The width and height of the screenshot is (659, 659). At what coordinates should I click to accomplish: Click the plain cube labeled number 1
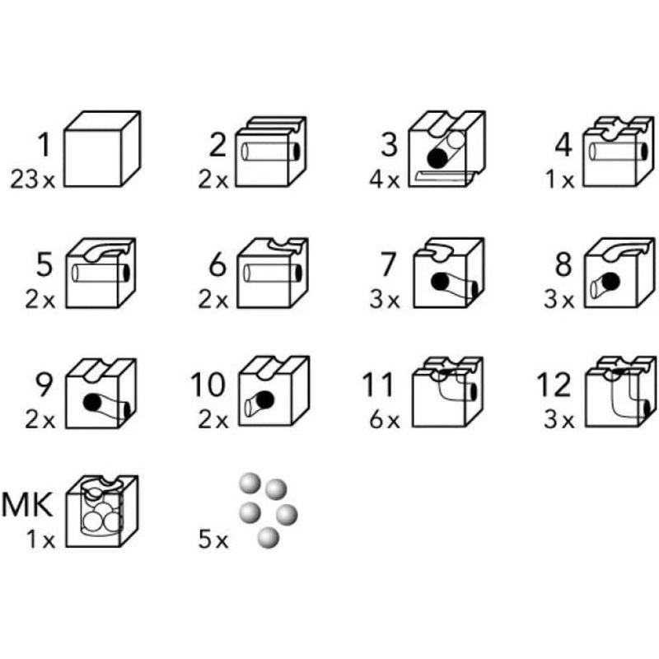tap(101, 150)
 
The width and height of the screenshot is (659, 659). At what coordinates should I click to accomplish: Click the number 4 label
tap(563, 146)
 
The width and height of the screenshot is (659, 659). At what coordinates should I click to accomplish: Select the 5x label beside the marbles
tap(212, 542)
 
